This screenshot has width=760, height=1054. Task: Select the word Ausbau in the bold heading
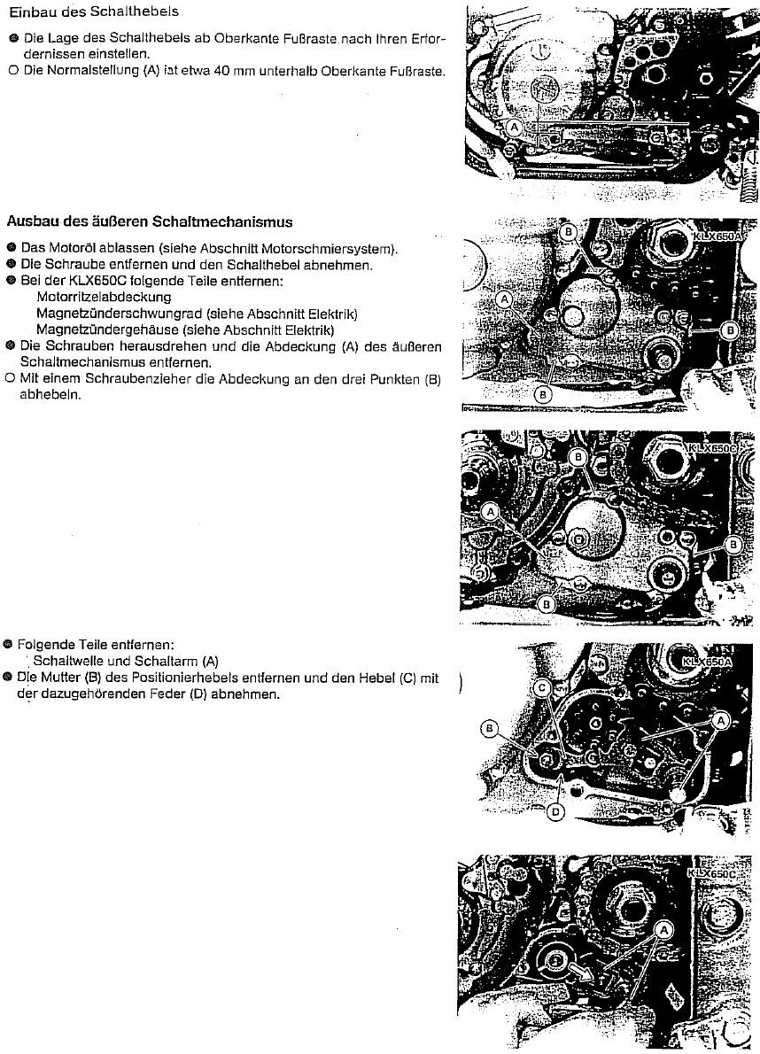pyautogui.click(x=32, y=221)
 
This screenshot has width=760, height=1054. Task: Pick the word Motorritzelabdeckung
pyautogui.click(x=104, y=297)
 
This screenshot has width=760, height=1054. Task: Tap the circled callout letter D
pyautogui.click(x=554, y=811)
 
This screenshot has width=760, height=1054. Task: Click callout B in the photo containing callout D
pyautogui.click(x=488, y=728)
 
